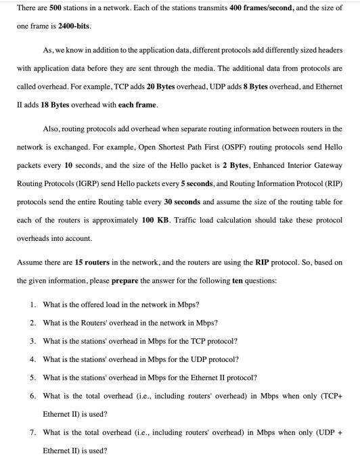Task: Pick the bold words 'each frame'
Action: point(137,106)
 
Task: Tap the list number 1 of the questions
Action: point(32,304)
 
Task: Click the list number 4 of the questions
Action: point(32,359)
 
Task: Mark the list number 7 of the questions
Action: point(32,432)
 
